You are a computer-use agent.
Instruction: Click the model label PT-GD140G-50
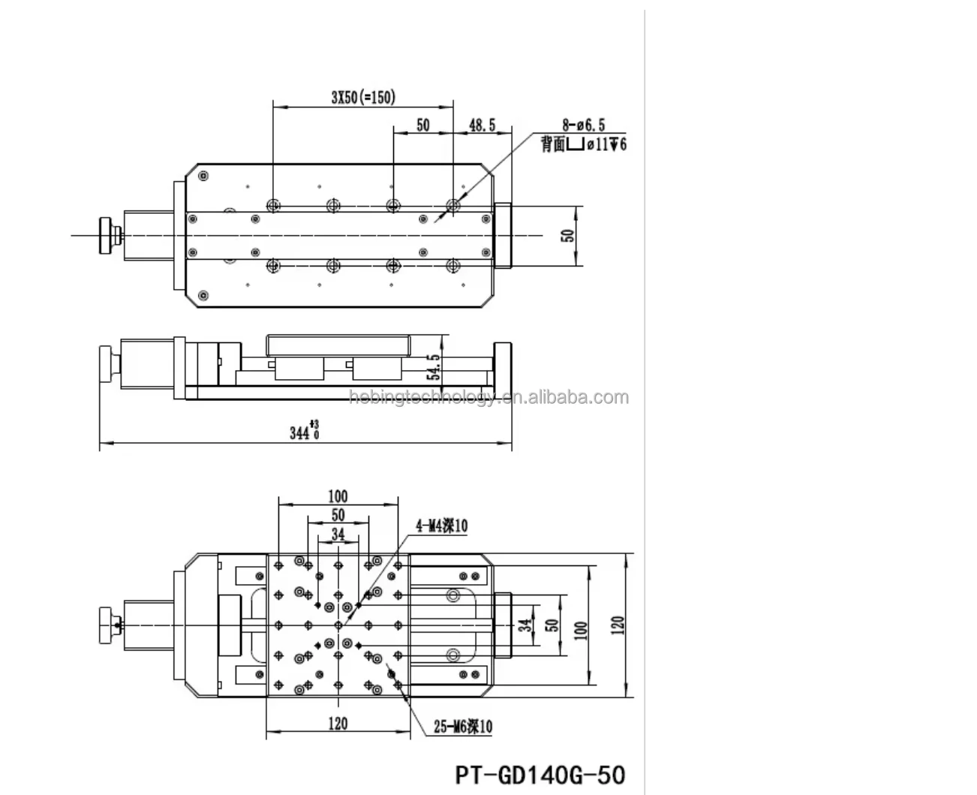(x=540, y=775)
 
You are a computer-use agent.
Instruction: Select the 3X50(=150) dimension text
(x=363, y=97)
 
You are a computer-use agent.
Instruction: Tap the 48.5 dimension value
(x=482, y=125)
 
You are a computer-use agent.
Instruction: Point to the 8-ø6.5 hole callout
(x=584, y=125)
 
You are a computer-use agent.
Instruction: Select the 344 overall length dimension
(x=305, y=431)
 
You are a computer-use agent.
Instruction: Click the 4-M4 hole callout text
(x=442, y=525)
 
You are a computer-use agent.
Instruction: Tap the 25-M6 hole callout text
(x=463, y=726)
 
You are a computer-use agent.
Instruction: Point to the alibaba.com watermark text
(x=489, y=397)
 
